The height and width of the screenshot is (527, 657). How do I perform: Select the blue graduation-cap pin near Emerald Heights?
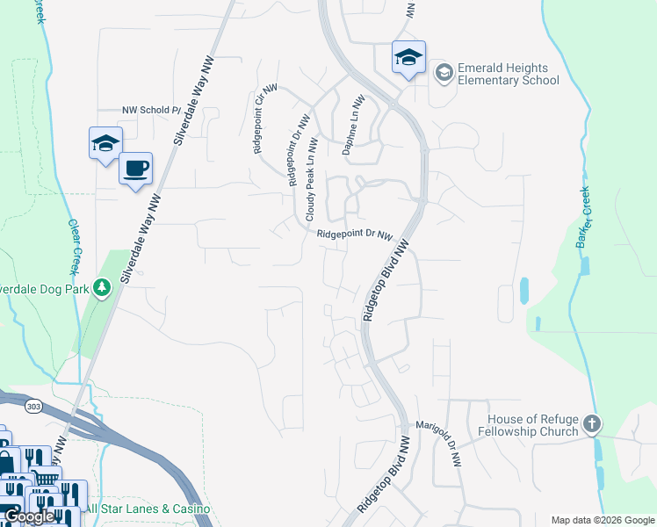pyautogui.click(x=408, y=57)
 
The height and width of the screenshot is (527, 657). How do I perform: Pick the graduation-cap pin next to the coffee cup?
pyautogui.click(x=105, y=143)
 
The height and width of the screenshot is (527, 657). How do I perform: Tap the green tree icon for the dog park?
pyautogui.click(x=103, y=287)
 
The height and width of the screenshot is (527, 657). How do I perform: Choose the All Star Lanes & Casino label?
pyautogui.click(x=148, y=509)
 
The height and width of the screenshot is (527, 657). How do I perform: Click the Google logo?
pyautogui.click(x=30, y=516)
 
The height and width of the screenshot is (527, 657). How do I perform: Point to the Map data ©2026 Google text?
pyautogui.click(x=602, y=519)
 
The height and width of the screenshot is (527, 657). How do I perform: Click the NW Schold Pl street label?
pyautogui.click(x=151, y=111)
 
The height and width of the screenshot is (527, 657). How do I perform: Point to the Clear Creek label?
pyautogui.click(x=75, y=247)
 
